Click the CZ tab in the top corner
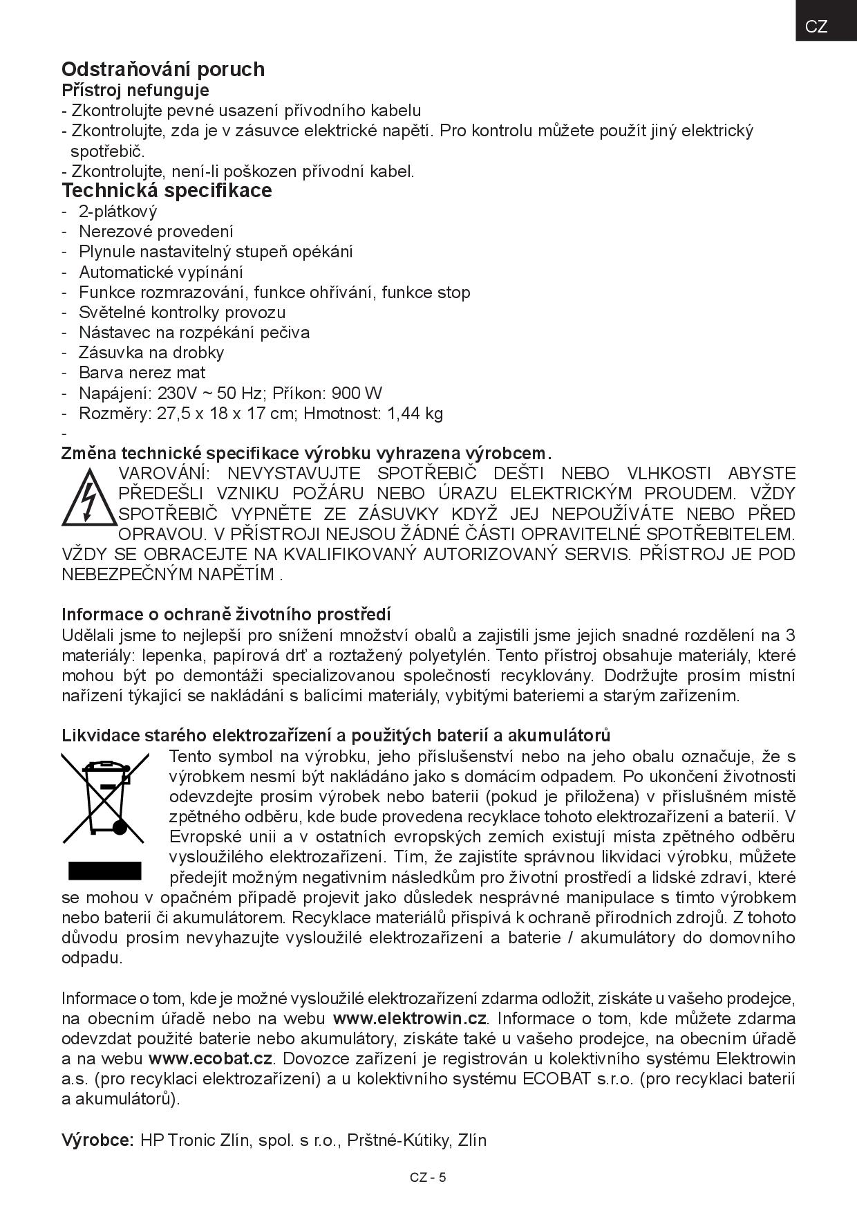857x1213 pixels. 816,26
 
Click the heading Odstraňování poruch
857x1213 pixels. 163,69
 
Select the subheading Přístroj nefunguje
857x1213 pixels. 135,91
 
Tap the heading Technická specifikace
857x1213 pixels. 167,190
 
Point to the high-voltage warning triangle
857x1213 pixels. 88,497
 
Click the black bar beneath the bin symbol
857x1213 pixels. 104,870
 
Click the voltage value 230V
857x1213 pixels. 177,393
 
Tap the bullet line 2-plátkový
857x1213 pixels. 117,212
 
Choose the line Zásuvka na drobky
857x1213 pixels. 151,353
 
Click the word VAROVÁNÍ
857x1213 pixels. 162,474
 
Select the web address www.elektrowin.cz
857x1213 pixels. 410,1019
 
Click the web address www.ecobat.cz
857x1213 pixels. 211,1059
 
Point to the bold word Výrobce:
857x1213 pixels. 97,1140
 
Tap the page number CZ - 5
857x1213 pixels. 428,1178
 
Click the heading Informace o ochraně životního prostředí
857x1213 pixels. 226,615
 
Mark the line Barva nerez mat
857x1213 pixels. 142,373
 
